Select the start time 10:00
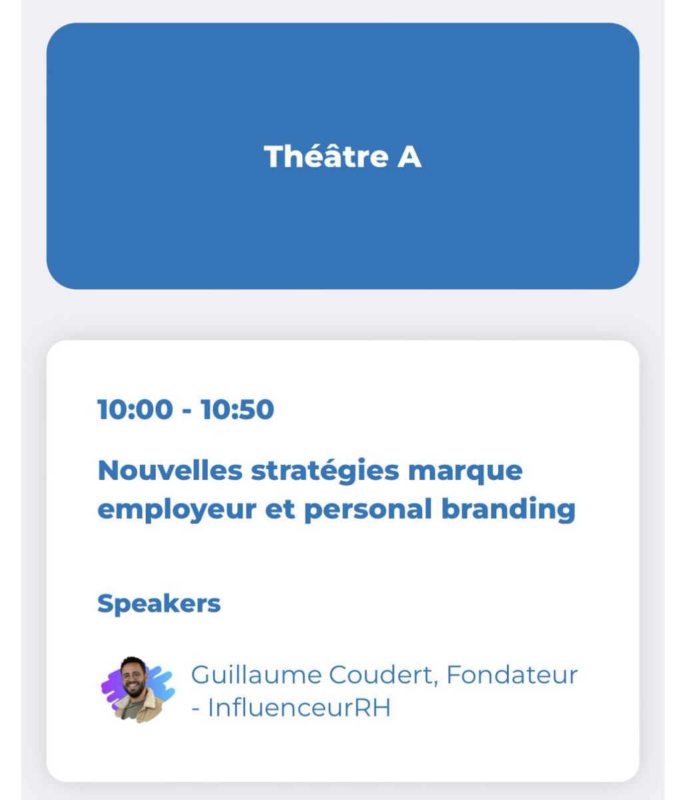coord(135,409)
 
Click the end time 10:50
coord(238,409)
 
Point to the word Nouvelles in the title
coord(169,471)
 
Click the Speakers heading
coord(159,603)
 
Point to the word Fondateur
coord(512,675)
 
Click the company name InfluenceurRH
coord(299,708)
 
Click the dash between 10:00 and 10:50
coord(187,411)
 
